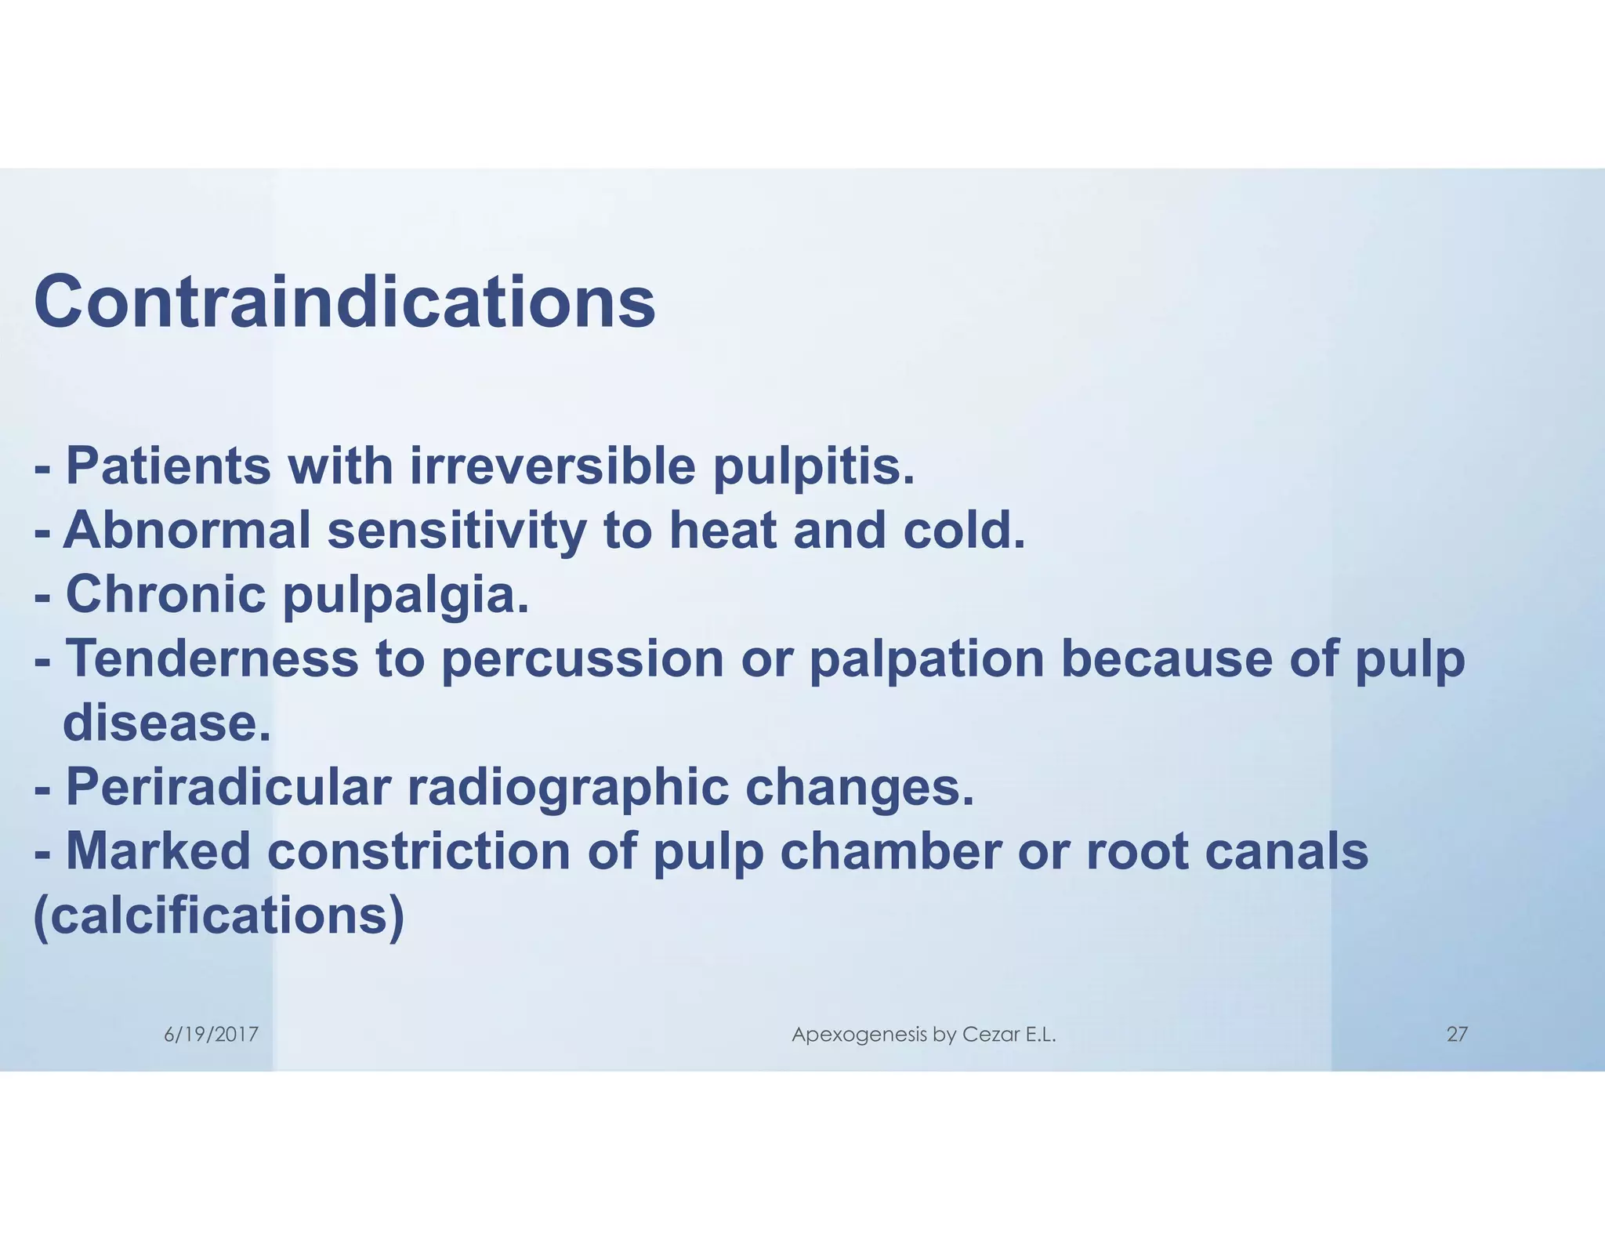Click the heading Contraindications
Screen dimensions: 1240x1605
point(344,303)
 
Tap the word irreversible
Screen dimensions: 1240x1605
point(553,466)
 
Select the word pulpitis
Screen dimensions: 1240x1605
point(813,468)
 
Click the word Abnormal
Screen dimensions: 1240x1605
point(187,530)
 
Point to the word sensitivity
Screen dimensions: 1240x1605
point(457,531)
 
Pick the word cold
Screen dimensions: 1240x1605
point(964,530)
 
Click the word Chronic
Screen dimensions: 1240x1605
point(166,593)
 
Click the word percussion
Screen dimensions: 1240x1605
point(582,659)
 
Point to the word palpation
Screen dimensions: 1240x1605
point(926,659)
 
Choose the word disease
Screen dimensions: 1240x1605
point(167,723)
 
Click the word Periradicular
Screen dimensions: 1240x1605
point(228,787)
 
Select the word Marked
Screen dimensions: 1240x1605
point(158,851)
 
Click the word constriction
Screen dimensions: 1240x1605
point(419,851)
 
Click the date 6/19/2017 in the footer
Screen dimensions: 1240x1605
point(211,1035)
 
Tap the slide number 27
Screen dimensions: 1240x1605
point(1456,1035)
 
